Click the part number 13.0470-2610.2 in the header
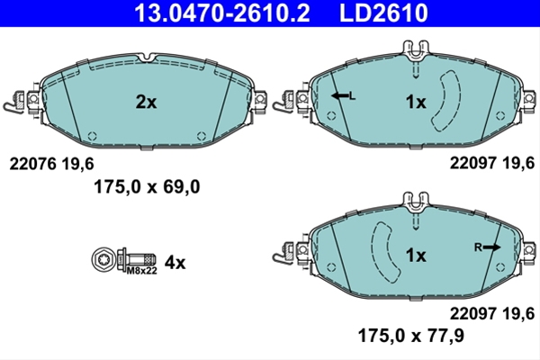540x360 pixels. (x=222, y=13)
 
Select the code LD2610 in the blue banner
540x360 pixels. (x=383, y=13)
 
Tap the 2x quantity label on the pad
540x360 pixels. (x=146, y=102)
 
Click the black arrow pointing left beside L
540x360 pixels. (x=340, y=95)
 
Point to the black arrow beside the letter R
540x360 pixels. (x=491, y=247)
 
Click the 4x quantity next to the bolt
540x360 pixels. (x=175, y=263)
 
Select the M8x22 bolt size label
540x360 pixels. (x=142, y=271)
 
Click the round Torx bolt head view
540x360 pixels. (x=103, y=259)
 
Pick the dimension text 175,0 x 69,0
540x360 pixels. (x=147, y=187)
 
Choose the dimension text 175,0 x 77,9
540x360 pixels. (x=411, y=335)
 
